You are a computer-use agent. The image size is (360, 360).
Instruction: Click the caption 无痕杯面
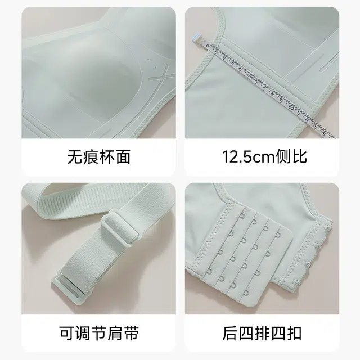coord(99,157)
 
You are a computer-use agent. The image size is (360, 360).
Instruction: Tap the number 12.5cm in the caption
coord(249,157)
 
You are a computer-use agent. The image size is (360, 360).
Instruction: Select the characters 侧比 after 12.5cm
coord(291,157)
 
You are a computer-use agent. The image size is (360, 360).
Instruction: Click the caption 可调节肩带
coord(99,333)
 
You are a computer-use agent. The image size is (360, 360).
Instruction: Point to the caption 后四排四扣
coord(262,333)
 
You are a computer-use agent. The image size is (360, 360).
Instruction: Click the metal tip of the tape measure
coord(197,39)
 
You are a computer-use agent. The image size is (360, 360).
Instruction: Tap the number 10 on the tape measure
coord(291,107)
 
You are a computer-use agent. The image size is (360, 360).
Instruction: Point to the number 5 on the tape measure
coord(247,75)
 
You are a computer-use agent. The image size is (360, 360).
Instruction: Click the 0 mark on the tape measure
coord(208,46)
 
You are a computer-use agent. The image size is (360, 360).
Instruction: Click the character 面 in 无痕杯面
coord(123,157)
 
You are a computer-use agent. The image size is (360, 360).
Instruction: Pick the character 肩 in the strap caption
coord(115,333)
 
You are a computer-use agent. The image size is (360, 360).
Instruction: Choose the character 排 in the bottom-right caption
coord(262,333)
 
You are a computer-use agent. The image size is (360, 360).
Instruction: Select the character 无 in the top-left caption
coord(75,157)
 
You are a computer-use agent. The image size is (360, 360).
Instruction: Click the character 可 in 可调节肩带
coord(67,333)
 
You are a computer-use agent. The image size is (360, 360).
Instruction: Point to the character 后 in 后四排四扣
coord(230,333)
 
